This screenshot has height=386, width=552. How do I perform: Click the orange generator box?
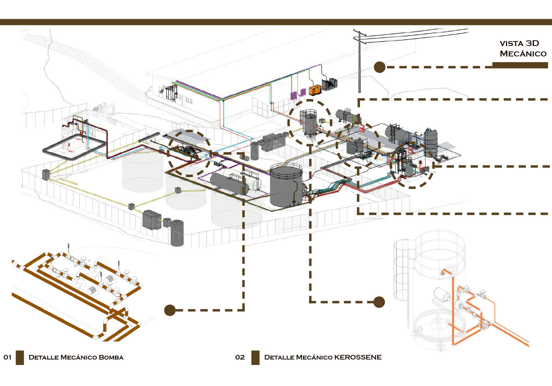[x=315, y=90]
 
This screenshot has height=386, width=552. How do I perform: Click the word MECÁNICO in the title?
[x=523, y=53]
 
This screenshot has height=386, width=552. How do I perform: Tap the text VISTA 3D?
[x=519, y=43]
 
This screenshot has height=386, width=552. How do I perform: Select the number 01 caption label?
[x=7, y=357]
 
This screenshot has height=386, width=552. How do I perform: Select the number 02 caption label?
[x=240, y=357]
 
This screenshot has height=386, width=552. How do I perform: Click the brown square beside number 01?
[x=20, y=358]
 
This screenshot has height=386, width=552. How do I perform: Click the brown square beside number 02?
[x=255, y=358]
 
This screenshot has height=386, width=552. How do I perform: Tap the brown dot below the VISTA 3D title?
[x=379, y=67]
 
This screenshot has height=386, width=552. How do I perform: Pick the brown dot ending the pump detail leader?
[x=170, y=310]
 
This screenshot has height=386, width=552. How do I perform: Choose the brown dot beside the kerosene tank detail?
[x=379, y=302]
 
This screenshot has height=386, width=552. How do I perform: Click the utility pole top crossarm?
[x=359, y=32]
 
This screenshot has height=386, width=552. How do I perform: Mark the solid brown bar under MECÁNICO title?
[x=520, y=65]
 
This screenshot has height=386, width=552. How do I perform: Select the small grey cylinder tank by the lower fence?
[x=177, y=233]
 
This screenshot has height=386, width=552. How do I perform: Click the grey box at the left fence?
[x=46, y=174]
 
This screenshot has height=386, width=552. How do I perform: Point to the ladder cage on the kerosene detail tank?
[x=401, y=270]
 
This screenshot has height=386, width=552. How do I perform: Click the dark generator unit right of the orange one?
[x=329, y=84]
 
